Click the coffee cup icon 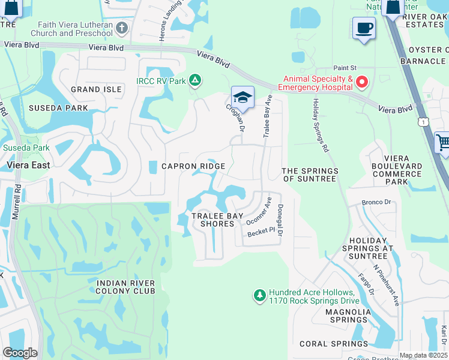[364, 28]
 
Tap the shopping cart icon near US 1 [442, 143]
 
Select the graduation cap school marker [243, 97]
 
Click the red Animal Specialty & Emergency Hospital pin [361, 82]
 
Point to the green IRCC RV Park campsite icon [194, 80]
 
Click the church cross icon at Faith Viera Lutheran [122, 28]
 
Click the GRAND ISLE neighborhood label [96, 89]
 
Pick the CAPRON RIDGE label [193, 166]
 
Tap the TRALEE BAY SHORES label [212, 220]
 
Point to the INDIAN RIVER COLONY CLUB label [125, 287]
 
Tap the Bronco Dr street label [376, 203]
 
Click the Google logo [20, 353]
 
